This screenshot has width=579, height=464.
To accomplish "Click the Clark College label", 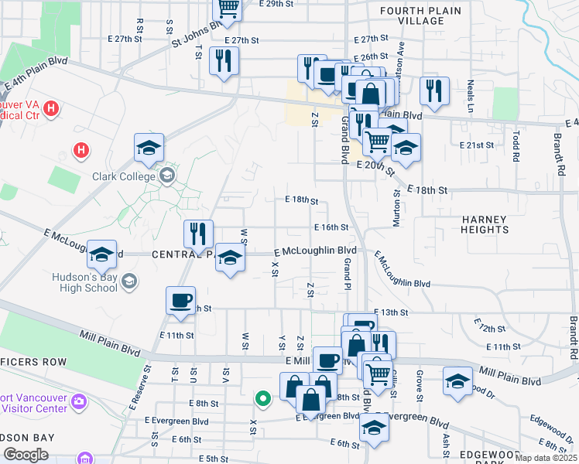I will [127, 176].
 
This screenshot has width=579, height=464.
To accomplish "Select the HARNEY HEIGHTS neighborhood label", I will [485, 224].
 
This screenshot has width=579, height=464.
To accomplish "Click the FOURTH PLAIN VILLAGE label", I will [421, 15].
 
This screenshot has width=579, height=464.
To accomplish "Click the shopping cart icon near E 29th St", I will [228, 7].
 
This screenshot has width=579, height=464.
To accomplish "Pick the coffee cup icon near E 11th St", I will [181, 300].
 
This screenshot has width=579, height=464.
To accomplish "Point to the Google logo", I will [26, 455].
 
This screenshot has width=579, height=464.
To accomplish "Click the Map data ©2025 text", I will [545, 458].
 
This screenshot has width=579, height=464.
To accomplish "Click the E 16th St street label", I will [331, 227].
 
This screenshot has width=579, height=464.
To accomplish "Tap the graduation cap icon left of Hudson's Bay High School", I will [101, 254].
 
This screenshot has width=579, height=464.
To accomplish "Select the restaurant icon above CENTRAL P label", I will [198, 234].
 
